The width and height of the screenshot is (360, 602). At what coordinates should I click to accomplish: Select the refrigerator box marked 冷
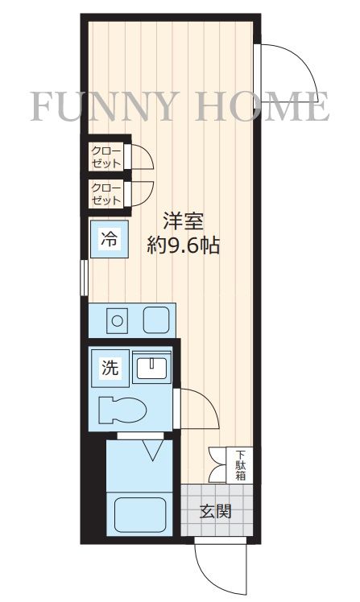107,238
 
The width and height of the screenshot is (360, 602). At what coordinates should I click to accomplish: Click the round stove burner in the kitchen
117,320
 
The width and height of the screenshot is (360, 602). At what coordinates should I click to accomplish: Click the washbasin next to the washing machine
151,369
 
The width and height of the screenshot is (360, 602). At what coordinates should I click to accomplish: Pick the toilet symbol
121,410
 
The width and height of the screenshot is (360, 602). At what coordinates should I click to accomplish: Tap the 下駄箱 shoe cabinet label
240,464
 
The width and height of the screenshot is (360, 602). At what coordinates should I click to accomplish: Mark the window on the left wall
84,278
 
